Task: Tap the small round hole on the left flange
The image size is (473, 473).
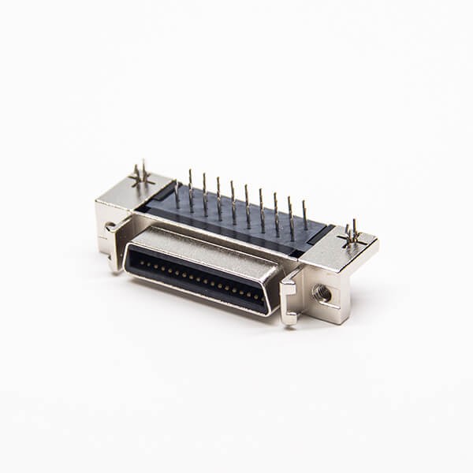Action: click(x=108, y=228)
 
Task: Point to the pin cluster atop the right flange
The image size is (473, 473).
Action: click(x=351, y=233)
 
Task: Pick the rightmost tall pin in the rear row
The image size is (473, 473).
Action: click(x=305, y=214)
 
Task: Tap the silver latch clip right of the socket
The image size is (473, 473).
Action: click(x=289, y=296)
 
